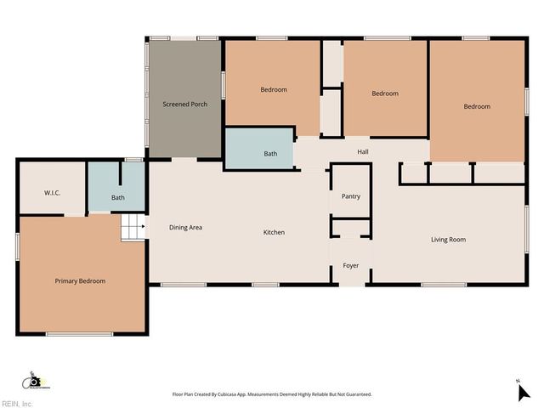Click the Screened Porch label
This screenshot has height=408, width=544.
(x=185, y=105)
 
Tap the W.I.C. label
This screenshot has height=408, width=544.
(x=52, y=193)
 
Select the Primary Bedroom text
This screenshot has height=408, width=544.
(x=80, y=280)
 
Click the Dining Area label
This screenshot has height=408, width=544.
(x=185, y=227)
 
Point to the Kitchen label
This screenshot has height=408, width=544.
(x=274, y=232)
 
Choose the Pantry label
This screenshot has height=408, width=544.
(x=350, y=196)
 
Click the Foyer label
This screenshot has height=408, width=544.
(x=350, y=266)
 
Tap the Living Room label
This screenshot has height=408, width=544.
(x=448, y=240)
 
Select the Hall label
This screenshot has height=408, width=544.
(x=362, y=152)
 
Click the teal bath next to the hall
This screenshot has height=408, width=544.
(x=270, y=154)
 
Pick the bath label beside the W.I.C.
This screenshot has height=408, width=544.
(x=118, y=198)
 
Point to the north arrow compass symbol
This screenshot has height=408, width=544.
(x=523, y=392)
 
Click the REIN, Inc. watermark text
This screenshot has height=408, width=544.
(x=17, y=403)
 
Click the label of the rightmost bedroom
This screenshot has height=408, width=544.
(x=477, y=106)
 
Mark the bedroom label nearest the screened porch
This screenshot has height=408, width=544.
(x=273, y=89)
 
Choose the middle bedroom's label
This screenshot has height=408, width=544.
(x=385, y=93)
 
